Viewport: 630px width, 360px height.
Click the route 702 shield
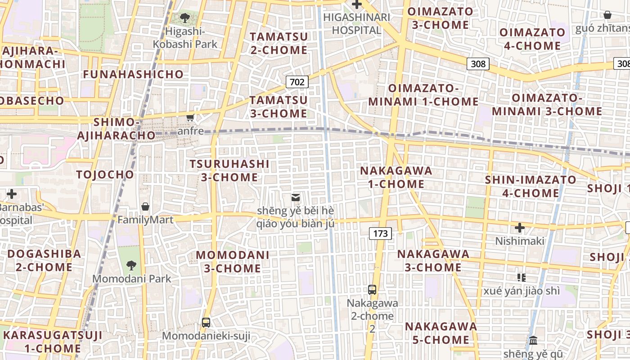297,82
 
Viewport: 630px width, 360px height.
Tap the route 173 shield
380,233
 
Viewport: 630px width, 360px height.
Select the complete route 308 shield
478,64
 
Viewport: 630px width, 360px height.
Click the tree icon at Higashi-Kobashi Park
184,18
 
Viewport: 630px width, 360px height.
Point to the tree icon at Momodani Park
131,265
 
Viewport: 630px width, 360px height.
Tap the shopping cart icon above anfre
190,118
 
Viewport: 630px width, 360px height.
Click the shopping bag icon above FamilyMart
145,207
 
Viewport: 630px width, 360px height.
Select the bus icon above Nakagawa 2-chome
372,289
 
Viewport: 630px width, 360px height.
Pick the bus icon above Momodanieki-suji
206,322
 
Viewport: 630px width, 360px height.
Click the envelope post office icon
296,197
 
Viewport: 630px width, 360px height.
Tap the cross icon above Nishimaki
520,228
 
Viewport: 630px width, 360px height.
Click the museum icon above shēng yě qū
533,340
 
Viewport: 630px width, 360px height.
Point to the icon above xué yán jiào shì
522,277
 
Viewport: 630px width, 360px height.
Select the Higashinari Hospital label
350,23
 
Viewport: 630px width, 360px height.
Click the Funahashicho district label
133,74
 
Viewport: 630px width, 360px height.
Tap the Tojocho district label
105,175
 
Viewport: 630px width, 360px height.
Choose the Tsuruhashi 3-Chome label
229,171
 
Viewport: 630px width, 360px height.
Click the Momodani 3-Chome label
232,261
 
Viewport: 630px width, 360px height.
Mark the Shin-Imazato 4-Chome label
530,186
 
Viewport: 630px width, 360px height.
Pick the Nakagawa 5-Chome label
441,333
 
